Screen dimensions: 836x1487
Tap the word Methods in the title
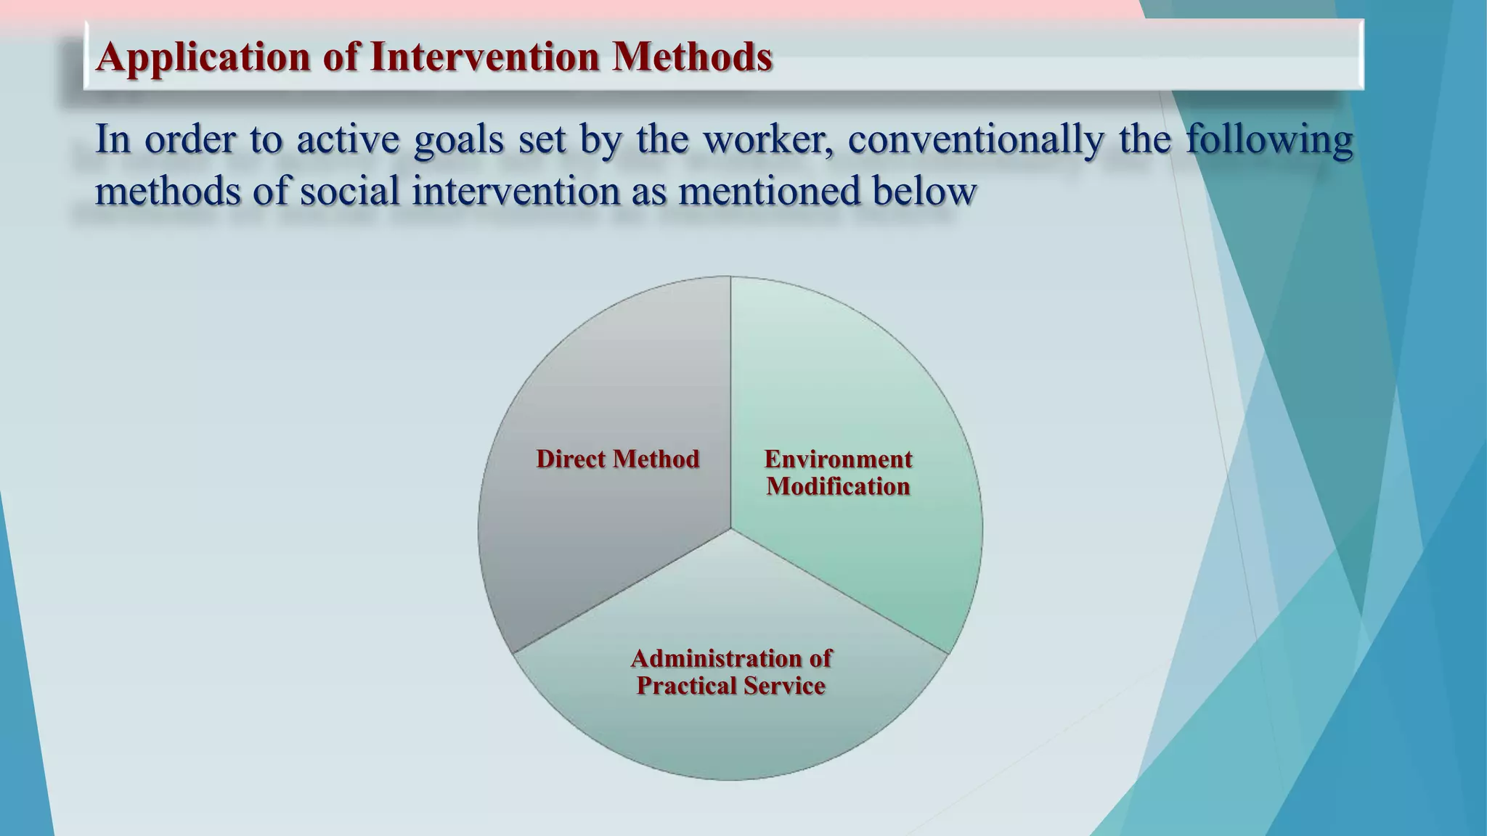(691, 57)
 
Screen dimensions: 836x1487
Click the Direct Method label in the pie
(617, 459)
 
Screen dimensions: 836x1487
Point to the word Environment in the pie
(838, 459)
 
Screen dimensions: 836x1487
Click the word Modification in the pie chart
(838, 486)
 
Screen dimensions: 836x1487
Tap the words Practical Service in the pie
(730, 686)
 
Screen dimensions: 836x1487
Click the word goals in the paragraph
(458, 139)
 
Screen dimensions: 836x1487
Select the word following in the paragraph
(1269, 139)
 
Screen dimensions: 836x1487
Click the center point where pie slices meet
(730, 529)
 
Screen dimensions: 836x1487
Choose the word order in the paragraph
(190, 139)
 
